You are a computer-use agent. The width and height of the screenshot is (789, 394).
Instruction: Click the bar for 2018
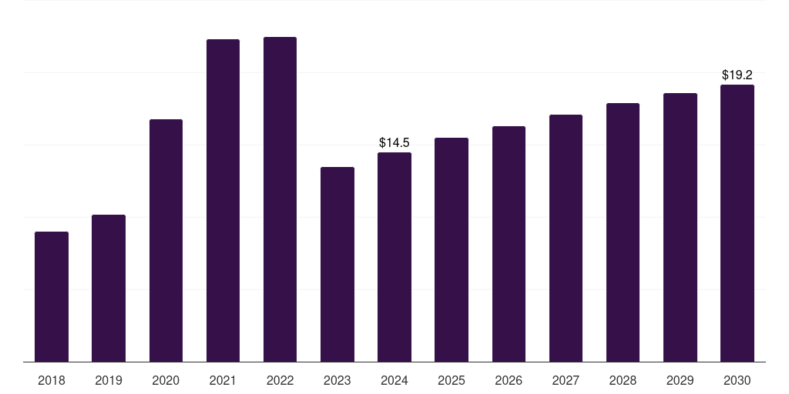point(52,296)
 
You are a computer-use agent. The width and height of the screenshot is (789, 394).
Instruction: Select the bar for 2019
point(109,288)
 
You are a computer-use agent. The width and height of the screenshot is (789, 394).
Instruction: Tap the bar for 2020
point(166,240)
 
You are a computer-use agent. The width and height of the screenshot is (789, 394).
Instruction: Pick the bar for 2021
point(223,200)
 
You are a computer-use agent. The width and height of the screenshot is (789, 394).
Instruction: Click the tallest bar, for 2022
point(280,199)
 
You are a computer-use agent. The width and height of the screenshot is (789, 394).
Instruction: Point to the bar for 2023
point(337,264)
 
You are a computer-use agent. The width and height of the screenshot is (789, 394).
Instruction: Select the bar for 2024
point(394,257)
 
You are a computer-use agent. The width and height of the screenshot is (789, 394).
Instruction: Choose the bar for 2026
point(509,244)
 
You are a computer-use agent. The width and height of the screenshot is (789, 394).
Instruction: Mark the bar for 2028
point(623,232)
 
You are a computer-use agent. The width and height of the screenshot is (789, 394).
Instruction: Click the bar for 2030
point(737,223)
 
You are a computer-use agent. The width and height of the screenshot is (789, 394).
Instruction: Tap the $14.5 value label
point(394,142)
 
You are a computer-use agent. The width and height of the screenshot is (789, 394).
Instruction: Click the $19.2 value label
point(737,75)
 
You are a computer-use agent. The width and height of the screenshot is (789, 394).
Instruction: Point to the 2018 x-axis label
point(52,381)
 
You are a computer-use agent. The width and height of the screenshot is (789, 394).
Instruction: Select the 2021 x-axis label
point(223,381)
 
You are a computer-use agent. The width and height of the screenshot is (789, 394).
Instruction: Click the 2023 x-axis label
point(337,381)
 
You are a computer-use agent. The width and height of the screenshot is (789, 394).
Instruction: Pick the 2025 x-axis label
point(452,381)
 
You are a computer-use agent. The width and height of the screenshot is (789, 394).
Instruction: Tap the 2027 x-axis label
point(566,381)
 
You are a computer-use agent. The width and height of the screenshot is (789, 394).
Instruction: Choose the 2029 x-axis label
point(680,381)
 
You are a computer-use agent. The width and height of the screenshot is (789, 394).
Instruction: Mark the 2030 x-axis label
point(737,381)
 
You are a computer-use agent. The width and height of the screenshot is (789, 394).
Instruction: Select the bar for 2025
point(452,249)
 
